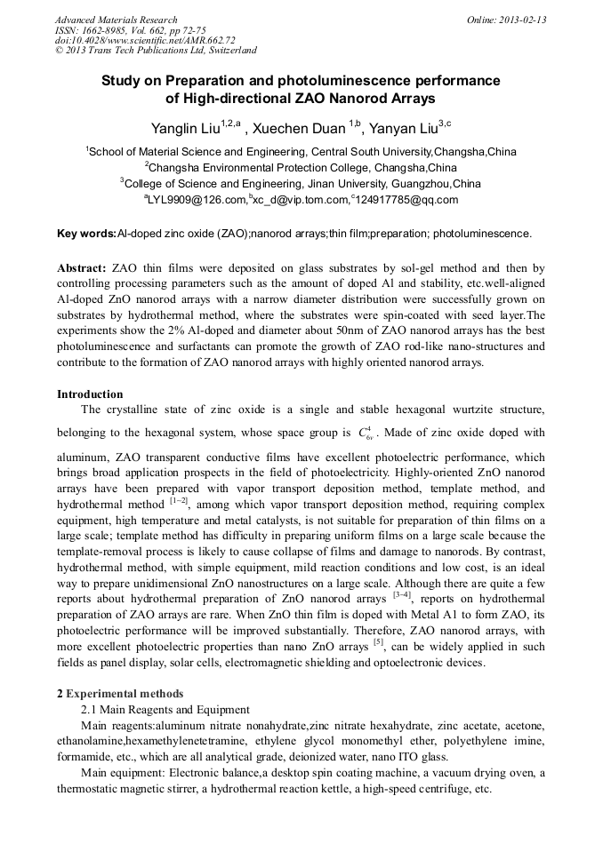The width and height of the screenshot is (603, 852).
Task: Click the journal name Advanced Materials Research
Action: (x=117, y=20)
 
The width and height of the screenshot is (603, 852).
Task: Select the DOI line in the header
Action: (x=145, y=40)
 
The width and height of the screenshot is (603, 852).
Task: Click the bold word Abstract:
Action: (x=82, y=267)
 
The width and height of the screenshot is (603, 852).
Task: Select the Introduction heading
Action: (x=90, y=394)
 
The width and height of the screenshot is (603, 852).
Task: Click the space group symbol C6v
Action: (x=365, y=434)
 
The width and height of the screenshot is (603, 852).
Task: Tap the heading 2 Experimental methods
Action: (x=120, y=693)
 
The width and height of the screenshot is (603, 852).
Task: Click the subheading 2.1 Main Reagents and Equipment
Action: (x=165, y=709)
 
